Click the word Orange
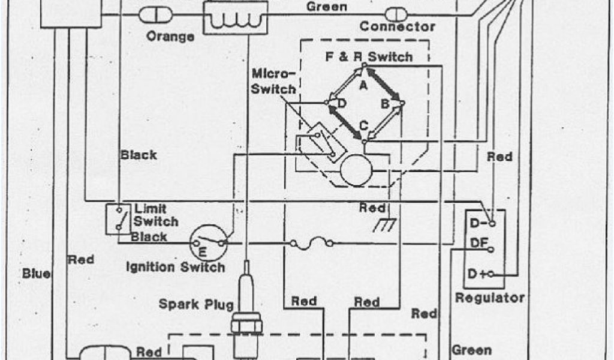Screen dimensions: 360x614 (x=170, y=36)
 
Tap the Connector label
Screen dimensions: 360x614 (x=397, y=26)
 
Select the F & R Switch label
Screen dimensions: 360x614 (x=369, y=58)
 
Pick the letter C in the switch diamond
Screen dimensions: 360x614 (x=363, y=126)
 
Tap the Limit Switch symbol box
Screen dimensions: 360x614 (x=118, y=220)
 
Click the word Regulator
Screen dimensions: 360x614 (x=490, y=298)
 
